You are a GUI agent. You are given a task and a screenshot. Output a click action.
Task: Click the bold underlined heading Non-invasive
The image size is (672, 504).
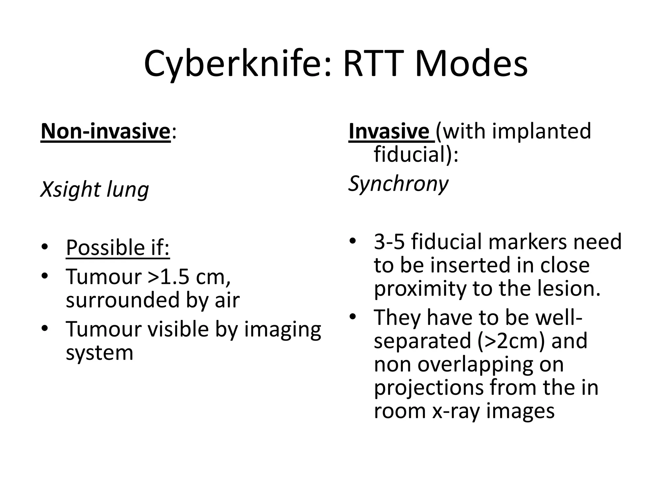106,131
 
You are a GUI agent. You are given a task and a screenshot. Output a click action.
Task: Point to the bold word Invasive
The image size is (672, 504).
389,131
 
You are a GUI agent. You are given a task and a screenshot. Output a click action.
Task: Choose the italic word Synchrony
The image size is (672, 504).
398,184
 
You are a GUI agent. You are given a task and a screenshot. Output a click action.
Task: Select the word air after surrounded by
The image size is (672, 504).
227,300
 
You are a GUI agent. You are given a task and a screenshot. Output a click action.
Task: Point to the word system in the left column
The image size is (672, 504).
99,353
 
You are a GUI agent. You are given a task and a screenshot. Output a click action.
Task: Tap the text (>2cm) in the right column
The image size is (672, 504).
511,341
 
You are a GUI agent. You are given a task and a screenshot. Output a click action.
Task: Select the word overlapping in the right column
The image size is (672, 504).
491,364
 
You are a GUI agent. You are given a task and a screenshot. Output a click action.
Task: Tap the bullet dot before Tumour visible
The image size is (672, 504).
45,328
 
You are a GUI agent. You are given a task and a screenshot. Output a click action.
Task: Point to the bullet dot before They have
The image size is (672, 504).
352,317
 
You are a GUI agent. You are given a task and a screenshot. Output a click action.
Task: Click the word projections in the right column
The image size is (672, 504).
429,388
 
